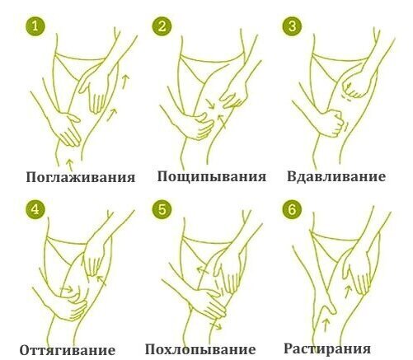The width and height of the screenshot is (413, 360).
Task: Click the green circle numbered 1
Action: tap(35, 26)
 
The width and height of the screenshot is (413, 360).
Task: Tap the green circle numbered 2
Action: tap(162, 26)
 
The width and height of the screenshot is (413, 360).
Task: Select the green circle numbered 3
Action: tap(293, 26)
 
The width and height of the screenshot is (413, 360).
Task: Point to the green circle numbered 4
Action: tap(35, 209)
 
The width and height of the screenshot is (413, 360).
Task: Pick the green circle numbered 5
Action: tap(162, 209)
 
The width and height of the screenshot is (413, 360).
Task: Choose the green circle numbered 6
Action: tap(293, 209)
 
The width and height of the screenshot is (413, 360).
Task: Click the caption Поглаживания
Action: tap(81, 177)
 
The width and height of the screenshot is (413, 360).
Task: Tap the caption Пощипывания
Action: tap(212, 176)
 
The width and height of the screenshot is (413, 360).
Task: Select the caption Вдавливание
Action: tap(336, 176)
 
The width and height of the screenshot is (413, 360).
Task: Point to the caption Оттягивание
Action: tap(68, 350)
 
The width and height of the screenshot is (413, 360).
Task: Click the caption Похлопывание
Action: tap(200, 349)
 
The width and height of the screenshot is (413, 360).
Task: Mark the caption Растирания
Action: tap(327, 348)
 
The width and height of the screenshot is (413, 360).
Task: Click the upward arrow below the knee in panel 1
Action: tap(70, 164)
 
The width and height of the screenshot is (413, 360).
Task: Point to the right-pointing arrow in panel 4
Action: tap(66, 289)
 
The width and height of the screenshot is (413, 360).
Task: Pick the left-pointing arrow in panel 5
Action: tap(202, 270)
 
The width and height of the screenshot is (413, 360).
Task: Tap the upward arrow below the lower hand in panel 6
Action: tap(326, 325)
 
